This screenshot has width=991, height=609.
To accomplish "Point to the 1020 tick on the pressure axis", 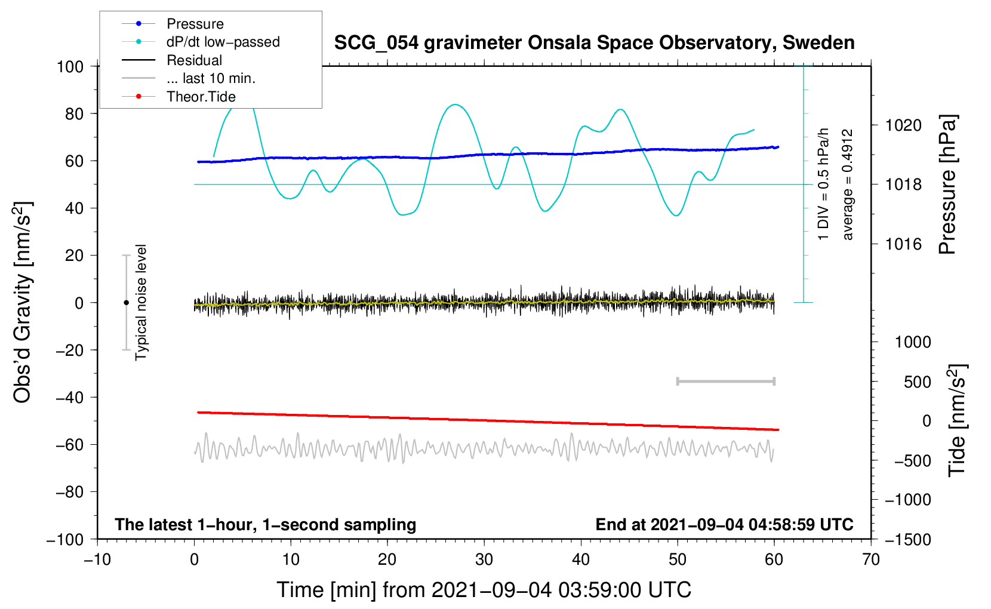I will click(x=903, y=125).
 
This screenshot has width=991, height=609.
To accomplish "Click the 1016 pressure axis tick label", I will click(x=903, y=244).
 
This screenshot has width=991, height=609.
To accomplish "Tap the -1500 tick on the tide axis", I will click(x=907, y=539).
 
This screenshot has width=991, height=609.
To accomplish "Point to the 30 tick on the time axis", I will click(x=484, y=559).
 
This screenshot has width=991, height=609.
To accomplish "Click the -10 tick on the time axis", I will click(x=97, y=559).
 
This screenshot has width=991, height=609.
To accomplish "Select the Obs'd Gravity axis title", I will click(x=22, y=302).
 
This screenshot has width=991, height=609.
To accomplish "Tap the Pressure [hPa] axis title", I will click(x=947, y=185).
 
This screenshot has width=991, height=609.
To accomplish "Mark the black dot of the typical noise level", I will click(x=126, y=303).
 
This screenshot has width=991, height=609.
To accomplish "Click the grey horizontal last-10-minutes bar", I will click(x=725, y=381).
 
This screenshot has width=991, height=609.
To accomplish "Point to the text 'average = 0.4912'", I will click(x=848, y=185).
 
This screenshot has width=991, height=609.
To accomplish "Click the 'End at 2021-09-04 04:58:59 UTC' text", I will click(x=724, y=524).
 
